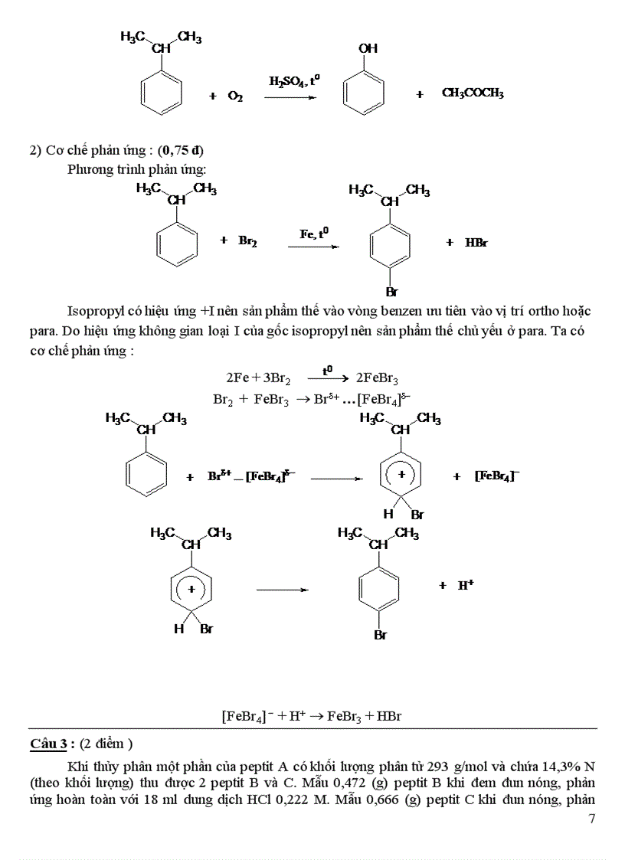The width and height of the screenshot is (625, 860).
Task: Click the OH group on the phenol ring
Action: pyautogui.click(x=368, y=48)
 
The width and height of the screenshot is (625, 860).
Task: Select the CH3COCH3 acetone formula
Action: pyautogui.click(x=473, y=93)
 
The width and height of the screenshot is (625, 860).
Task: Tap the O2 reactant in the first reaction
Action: pyautogui.click(x=235, y=96)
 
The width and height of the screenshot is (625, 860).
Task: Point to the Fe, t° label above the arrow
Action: pyautogui.click(x=315, y=232)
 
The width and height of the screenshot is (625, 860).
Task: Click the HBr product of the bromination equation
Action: pyautogui.click(x=476, y=243)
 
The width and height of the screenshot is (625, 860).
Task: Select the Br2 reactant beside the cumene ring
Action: pyautogui.click(x=247, y=241)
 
